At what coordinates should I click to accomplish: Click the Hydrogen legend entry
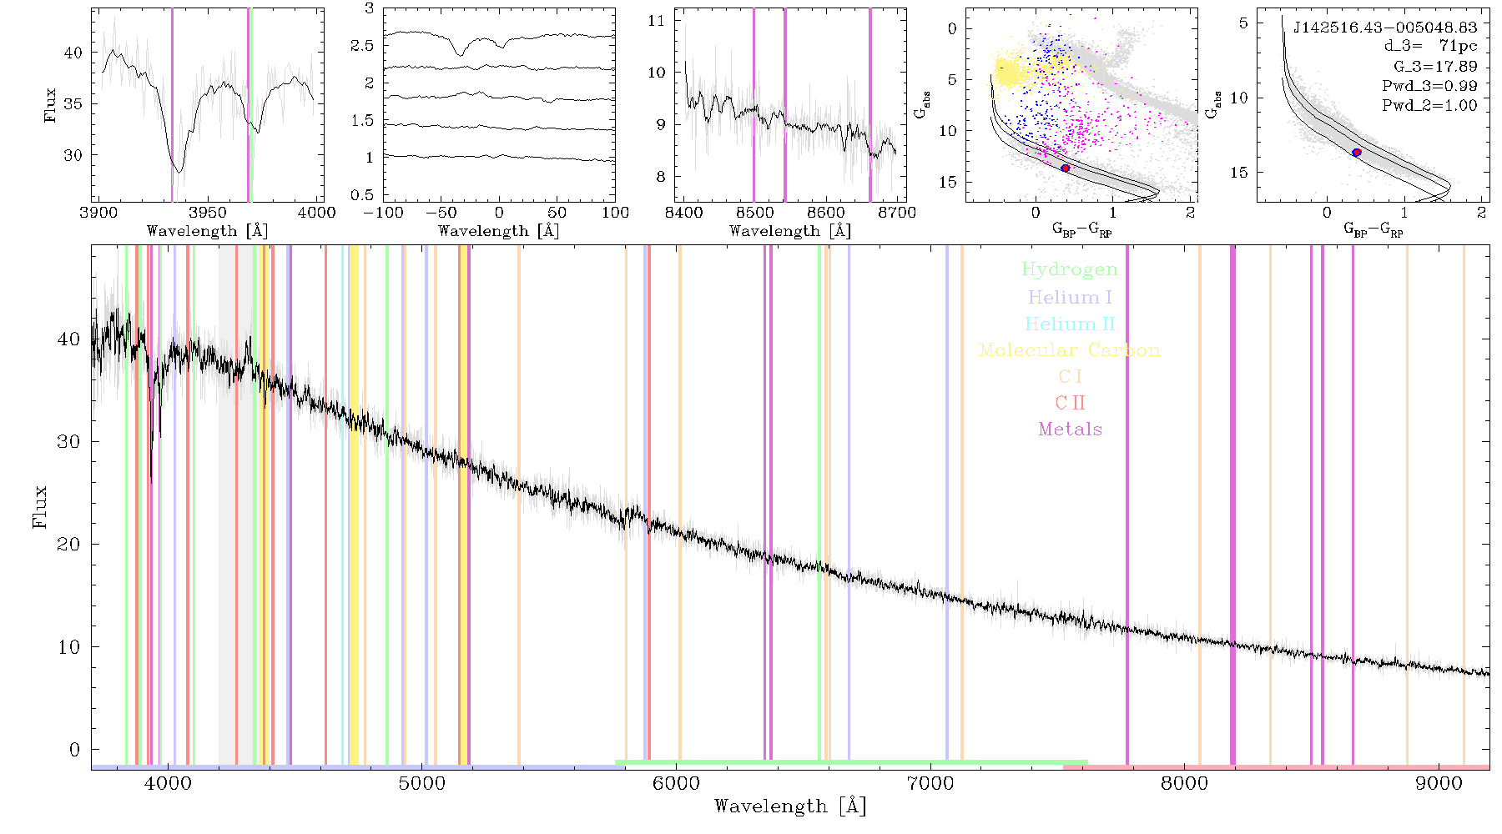(1070, 269)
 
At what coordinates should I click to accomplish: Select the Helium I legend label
(1070, 297)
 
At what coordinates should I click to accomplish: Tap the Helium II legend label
(1070, 324)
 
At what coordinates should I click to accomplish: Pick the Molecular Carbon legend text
(1070, 350)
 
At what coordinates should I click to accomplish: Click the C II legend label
(1070, 403)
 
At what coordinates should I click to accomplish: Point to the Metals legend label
(1070, 430)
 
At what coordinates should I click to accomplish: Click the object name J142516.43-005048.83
(1384, 28)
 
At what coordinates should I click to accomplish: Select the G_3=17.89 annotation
(1435, 66)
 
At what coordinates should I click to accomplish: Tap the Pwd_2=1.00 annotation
(1429, 105)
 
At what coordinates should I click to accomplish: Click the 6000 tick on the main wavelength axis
(676, 783)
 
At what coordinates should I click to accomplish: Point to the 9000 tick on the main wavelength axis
(1439, 783)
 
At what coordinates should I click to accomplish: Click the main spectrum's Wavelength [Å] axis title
(790, 806)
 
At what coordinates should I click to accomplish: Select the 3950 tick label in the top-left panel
(207, 212)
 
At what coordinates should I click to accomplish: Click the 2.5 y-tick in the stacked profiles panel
(363, 45)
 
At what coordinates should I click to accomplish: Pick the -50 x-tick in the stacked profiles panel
(441, 212)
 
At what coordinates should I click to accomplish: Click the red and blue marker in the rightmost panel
(1357, 153)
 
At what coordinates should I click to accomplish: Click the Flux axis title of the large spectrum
(39, 507)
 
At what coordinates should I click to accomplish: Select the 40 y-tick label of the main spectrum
(69, 339)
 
